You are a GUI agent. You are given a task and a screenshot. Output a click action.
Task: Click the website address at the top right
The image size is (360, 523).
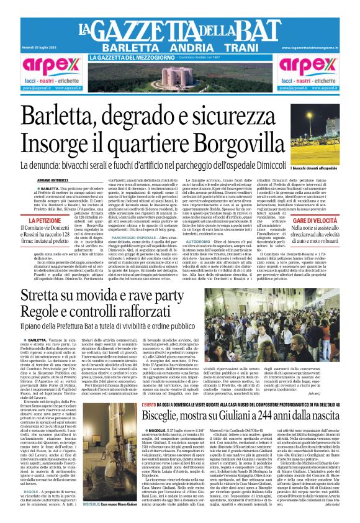click(x=312, y=47)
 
